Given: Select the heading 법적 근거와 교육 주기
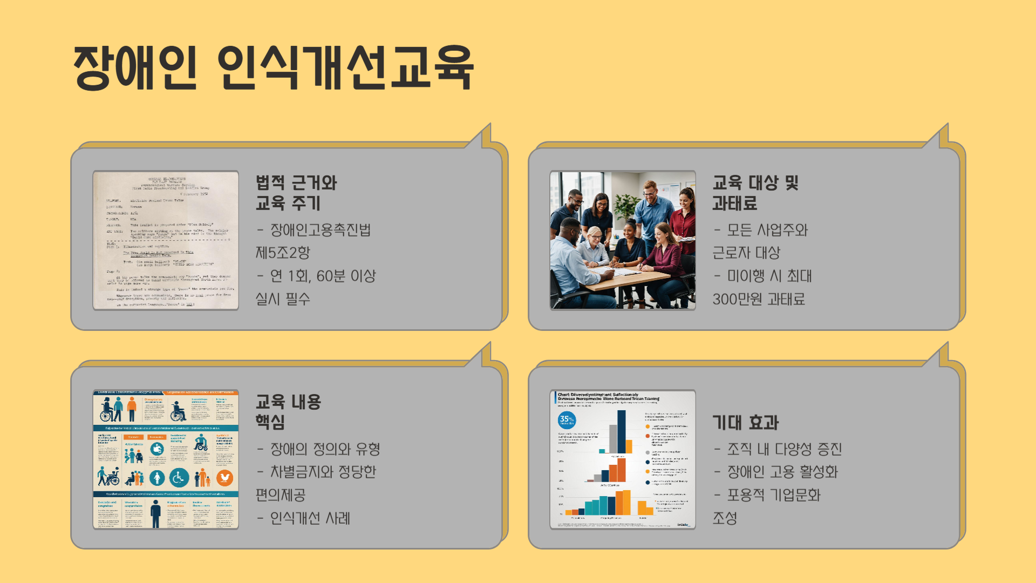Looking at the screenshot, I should coord(296,193).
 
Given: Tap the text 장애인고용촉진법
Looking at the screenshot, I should coord(320,231).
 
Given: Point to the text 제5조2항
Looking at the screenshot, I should coord(283,253).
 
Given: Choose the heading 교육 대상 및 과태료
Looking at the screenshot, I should coord(755,193).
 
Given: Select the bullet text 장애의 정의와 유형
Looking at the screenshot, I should coord(325,449).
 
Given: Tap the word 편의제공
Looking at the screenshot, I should coord(281,495).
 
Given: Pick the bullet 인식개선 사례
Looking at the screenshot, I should coord(310,518).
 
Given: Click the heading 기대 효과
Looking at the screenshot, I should coord(745,423).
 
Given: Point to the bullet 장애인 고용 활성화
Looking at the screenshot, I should coord(782,472).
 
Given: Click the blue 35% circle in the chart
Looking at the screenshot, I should coord(567,419).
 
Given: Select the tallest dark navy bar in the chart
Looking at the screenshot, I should coord(622,431).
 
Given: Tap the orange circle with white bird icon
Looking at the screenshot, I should coord(224,477).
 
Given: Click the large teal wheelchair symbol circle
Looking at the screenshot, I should coord(179,477).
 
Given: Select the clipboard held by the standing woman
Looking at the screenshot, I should coord(687,239).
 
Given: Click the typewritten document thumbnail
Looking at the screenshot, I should coord(166,240).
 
